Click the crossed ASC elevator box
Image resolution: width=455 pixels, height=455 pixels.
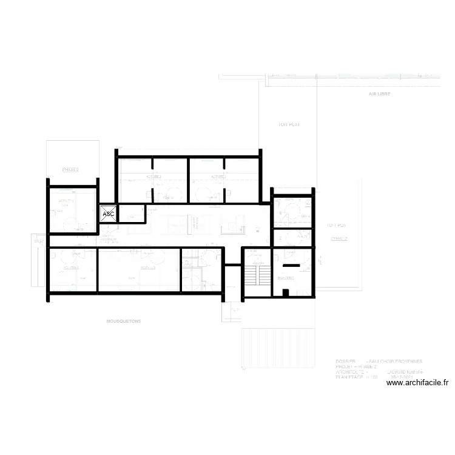pyautogui.click(x=109, y=214)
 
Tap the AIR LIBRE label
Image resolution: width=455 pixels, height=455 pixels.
pyautogui.click(x=379, y=95)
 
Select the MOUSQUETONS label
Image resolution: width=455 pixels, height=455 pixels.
pyautogui.click(x=123, y=322)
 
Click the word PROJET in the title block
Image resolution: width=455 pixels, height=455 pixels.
pyautogui.click(x=345, y=366)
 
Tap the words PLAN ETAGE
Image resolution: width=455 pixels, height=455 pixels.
pyautogui.click(x=349, y=377)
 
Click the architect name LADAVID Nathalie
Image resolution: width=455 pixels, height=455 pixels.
pyautogui.click(x=405, y=371)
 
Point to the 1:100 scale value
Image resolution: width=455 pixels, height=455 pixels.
pyautogui.click(x=372, y=377)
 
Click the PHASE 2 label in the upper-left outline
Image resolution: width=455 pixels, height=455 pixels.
pyautogui.click(x=71, y=170)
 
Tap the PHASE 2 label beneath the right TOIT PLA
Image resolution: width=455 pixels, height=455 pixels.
pyautogui.click(x=339, y=238)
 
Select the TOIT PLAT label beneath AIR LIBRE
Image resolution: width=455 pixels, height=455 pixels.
pyautogui.click(x=289, y=124)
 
